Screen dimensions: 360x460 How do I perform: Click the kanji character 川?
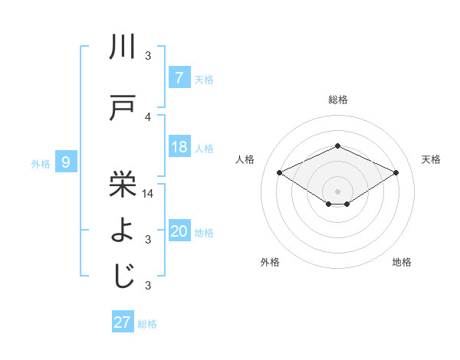point(123,47)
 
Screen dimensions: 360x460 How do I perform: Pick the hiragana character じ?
point(123,277)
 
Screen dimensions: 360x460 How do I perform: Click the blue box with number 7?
point(179,77)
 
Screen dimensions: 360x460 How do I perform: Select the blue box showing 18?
point(179,147)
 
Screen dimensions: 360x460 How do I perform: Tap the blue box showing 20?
point(179,231)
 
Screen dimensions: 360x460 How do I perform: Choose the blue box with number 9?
point(66,162)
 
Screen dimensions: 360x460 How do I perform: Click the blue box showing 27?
point(123,322)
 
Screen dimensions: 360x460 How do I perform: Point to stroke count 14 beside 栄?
point(148,194)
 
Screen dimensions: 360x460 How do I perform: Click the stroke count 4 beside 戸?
point(148,117)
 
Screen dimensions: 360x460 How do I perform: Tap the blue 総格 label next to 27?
point(147,324)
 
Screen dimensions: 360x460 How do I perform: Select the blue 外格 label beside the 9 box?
point(40,163)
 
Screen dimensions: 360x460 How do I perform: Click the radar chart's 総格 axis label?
point(337,100)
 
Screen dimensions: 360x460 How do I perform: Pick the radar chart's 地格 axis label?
point(402,262)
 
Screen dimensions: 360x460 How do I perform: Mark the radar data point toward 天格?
point(396,173)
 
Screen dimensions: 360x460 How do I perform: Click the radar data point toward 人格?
point(280,173)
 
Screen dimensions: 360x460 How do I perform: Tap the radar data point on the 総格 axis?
point(337,146)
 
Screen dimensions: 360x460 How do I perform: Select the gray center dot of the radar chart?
point(337,191)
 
